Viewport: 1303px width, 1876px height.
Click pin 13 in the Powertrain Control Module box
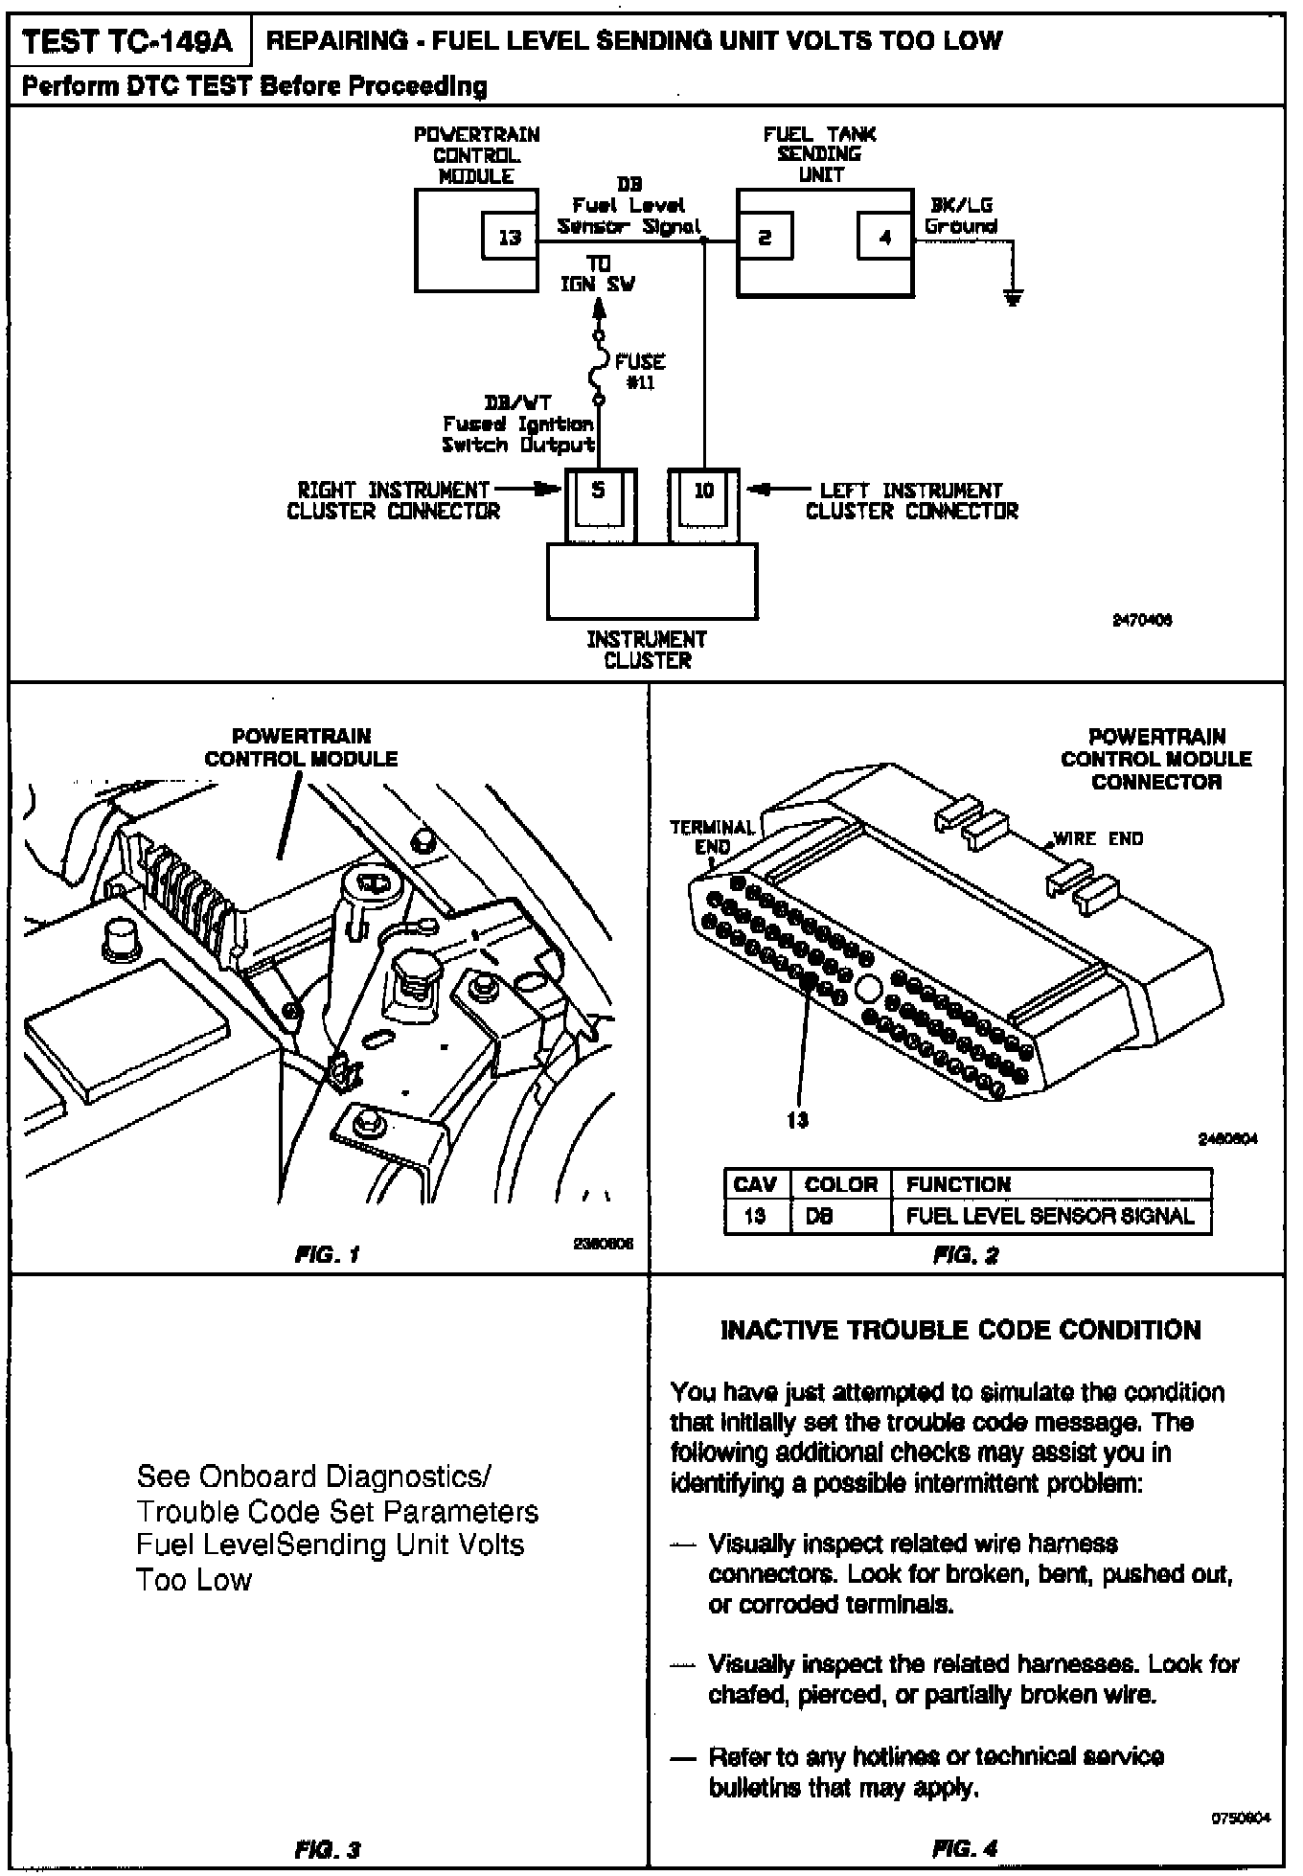pos(509,236)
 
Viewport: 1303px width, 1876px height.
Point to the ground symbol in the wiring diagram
pos(1013,298)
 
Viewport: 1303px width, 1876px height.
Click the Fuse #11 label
pos(640,372)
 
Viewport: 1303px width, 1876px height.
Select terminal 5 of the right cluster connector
pos(598,491)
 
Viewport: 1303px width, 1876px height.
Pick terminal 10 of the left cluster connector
pos(703,491)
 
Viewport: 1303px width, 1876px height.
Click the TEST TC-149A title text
pos(130,41)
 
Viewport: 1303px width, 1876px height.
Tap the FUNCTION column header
pos(958,1184)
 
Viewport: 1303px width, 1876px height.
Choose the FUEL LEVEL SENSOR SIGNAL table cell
pos(1050,1217)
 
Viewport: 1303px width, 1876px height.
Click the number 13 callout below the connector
pos(797,1119)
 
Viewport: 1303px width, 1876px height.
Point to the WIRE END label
pos(1098,839)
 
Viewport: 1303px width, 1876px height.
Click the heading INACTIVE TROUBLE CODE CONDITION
pos(960,1330)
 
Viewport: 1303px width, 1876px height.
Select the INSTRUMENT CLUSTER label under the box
pos(648,650)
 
